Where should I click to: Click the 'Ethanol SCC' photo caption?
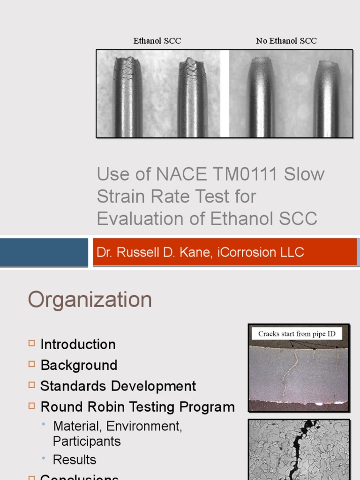click(x=157, y=41)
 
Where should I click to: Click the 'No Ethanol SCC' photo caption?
click(x=286, y=41)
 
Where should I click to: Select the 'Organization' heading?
click(x=90, y=300)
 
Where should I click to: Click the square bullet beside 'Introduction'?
click(x=32, y=344)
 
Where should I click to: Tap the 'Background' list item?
click(x=79, y=365)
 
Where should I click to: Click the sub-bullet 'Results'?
click(x=75, y=460)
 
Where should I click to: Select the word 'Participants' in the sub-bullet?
click(x=87, y=441)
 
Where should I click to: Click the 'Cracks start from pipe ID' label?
click(x=297, y=334)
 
